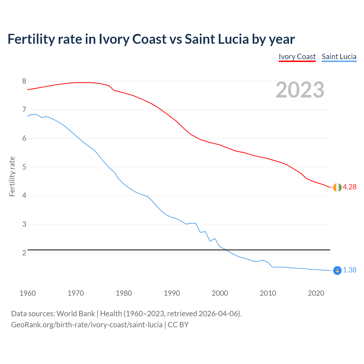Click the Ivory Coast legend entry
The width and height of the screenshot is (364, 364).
tap(297, 57)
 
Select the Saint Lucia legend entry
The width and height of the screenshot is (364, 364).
tap(339, 57)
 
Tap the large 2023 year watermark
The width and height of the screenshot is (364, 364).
tap(300, 90)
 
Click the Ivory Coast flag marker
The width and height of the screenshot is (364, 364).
tap(337, 187)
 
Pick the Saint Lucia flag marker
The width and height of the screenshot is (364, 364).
tap(337, 270)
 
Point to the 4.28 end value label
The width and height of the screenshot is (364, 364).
tap(349, 187)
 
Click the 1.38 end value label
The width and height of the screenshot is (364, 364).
tap(349, 270)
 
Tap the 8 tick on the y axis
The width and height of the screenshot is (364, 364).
tap(24, 81)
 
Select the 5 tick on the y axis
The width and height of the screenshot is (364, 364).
tap(24, 167)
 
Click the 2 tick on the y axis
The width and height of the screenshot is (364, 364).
tap(24, 253)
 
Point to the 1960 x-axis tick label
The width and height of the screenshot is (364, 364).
tap(28, 293)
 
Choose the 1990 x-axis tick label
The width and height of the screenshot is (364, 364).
tap(172, 293)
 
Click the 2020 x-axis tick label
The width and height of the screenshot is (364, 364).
tap(316, 293)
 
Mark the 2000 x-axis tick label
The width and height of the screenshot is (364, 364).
tap(220, 293)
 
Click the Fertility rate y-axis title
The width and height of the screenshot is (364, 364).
tap(12, 176)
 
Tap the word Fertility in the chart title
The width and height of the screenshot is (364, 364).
tap(31, 39)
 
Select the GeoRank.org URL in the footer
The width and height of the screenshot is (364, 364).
tap(87, 325)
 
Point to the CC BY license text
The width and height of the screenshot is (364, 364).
tap(178, 325)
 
